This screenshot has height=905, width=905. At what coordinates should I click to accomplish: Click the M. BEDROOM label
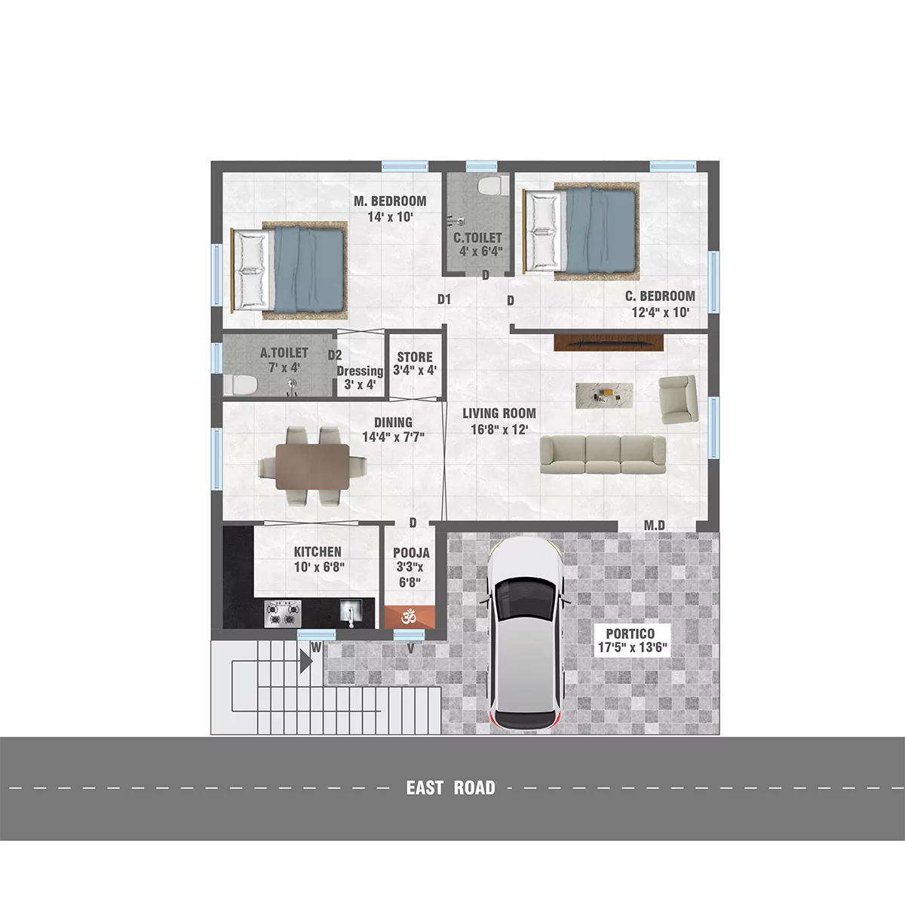[390, 201]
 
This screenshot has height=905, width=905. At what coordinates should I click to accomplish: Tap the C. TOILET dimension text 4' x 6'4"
[480, 251]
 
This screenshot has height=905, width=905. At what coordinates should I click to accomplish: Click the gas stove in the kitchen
[283, 613]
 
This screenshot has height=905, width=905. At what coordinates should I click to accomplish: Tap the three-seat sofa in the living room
[603, 454]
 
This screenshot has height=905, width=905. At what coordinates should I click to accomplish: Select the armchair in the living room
[678, 399]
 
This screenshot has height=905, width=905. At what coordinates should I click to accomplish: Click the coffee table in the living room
[604, 395]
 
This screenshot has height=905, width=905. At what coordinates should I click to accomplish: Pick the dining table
[312, 466]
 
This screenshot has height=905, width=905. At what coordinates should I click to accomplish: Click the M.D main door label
[654, 526]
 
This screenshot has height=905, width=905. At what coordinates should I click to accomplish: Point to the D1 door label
[443, 299]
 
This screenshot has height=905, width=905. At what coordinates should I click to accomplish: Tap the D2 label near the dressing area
[335, 355]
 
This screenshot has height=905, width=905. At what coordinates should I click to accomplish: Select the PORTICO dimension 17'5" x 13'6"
[632, 648]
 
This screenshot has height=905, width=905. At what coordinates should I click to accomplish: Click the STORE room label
[415, 357]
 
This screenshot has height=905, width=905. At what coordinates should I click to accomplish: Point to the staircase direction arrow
[306, 661]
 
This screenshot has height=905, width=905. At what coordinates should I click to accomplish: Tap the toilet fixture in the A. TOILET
[240, 385]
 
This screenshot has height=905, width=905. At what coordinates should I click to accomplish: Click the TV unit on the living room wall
[609, 342]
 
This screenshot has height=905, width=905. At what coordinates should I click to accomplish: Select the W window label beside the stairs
[316, 648]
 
